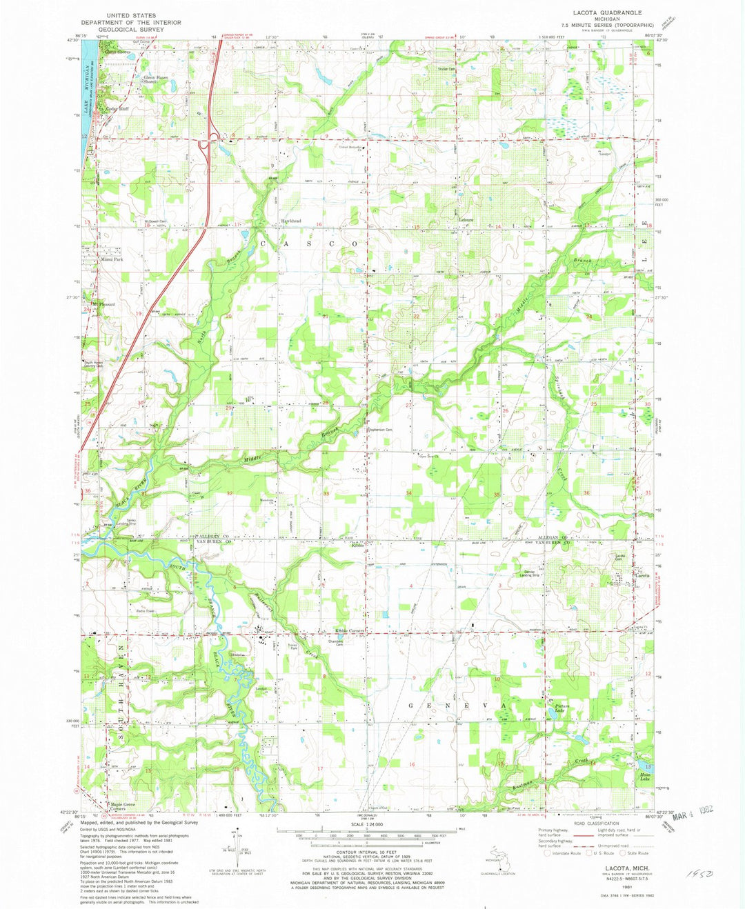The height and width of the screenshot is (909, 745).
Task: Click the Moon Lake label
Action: (645, 777)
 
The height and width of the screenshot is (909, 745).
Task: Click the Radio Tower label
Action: (146, 611)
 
